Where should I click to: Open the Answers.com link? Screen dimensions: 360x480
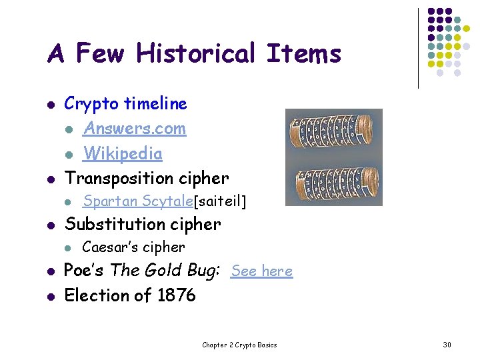pyautogui.click(x=134, y=128)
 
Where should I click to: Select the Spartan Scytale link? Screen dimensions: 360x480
pyautogui.click(x=137, y=201)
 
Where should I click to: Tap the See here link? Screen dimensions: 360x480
pyautogui.click(x=261, y=271)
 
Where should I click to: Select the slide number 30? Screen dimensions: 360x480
pyautogui.click(x=447, y=345)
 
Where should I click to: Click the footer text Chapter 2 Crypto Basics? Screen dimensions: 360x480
pyautogui.click(x=239, y=345)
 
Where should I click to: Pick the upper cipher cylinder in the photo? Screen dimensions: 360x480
pyautogui.click(x=333, y=132)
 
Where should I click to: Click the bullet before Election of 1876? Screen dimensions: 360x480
pyautogui.click(x=51, y=295)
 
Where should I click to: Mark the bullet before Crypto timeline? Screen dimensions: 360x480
pyautogui.click(x=51, y=104)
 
